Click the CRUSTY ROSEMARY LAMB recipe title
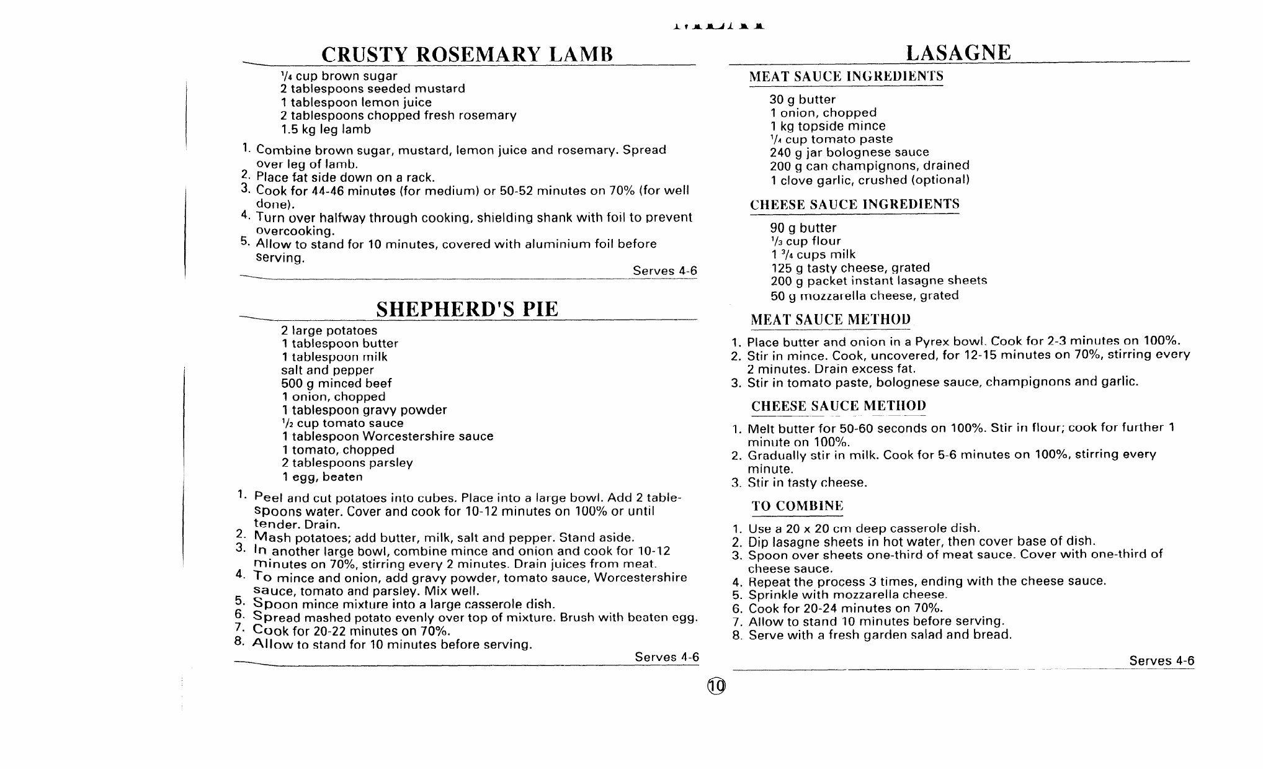467,54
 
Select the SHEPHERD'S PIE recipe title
467,308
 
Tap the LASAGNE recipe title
958,52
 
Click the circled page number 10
716,686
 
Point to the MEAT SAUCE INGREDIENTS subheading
846,76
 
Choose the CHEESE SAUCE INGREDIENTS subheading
854,204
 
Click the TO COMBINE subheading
797,506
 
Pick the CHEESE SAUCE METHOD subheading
838,406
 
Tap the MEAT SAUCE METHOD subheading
831,320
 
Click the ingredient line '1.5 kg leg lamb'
326,129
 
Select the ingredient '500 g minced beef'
336,383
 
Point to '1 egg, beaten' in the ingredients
322,477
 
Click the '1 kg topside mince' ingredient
828,126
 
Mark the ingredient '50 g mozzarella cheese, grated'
864,295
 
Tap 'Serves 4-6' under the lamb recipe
664,271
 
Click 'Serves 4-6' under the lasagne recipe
1161,660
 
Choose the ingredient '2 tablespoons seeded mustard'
372,89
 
